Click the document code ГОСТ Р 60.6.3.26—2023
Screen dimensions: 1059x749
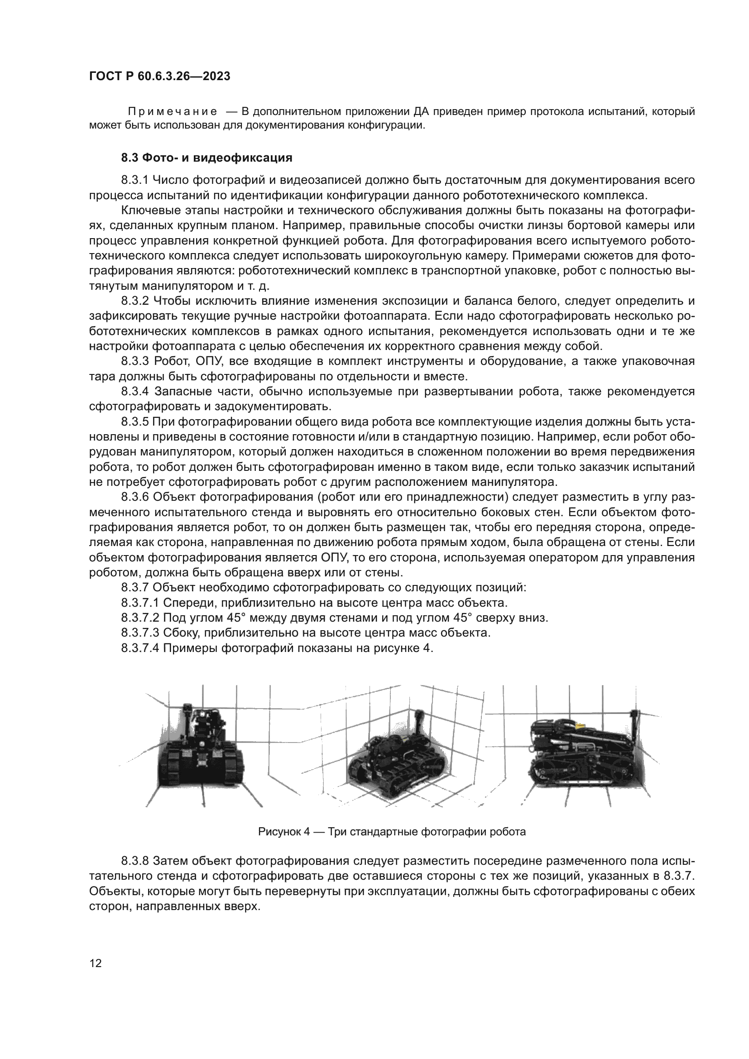click(159, 76)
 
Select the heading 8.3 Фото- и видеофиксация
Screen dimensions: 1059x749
click(206, 158)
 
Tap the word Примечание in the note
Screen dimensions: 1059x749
click(172, 111)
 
